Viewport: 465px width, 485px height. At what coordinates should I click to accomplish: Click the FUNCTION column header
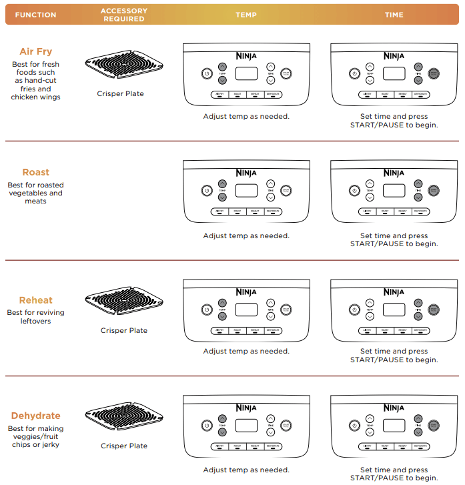(35, 15)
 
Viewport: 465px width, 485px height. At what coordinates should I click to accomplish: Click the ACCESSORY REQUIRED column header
(123, 15)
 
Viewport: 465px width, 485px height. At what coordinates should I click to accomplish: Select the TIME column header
(394, 15)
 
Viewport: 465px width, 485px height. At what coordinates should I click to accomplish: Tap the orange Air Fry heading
(35, 51)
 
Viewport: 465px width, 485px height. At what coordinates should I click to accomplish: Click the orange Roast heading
(35, 172)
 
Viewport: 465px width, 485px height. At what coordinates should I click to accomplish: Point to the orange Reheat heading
(35, 300)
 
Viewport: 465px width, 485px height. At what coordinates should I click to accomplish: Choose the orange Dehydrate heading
(35, 416)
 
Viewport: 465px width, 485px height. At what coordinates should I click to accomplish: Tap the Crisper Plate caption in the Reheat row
(123, 330)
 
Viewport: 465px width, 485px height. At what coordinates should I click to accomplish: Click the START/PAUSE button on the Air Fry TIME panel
(434, 74)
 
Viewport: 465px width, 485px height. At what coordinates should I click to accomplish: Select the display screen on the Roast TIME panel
(394, 190)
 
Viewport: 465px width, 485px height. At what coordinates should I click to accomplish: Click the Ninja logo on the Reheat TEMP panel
(246, 292)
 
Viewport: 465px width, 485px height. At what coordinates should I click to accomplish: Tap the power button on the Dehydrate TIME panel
(354, 425)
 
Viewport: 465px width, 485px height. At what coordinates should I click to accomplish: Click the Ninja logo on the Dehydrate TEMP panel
(246, 408)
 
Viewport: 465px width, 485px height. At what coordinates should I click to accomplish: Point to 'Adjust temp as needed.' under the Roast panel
(246, 235)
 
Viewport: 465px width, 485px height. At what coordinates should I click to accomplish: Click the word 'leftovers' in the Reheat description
(35, 321)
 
